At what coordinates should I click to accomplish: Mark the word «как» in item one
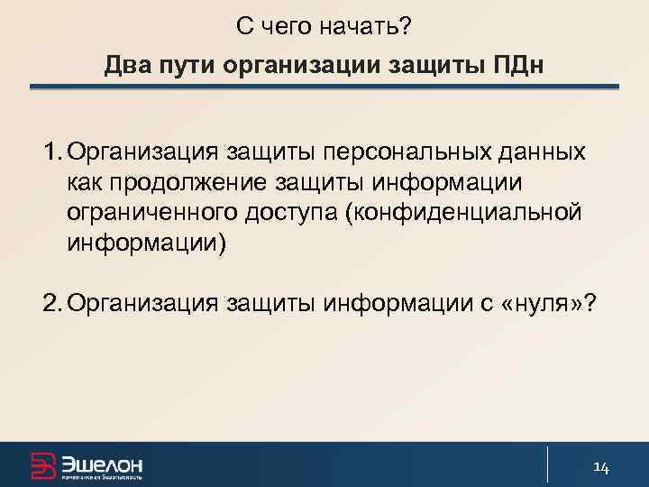83,181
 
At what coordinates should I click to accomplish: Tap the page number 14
601,465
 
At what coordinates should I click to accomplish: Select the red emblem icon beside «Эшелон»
42,464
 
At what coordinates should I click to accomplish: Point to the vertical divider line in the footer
548,464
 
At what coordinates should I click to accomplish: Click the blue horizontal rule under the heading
324,87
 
